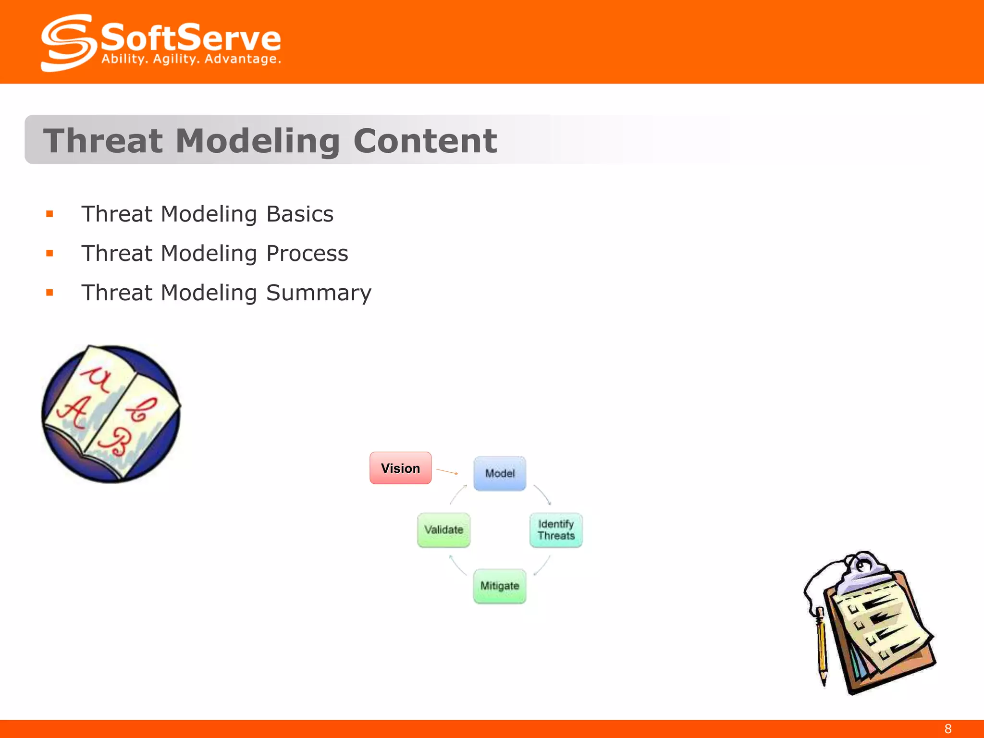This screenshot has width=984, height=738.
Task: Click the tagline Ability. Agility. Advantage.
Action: (191, 59)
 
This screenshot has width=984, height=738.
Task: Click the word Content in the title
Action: (425, 141)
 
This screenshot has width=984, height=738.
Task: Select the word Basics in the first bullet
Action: (300, 214)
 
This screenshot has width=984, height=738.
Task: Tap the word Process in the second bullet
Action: (307, 254)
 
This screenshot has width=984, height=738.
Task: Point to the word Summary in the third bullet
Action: (319, 293)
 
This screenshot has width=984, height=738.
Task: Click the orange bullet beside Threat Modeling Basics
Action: (49, 214)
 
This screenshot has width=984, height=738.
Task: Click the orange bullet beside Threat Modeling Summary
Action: (49, 293)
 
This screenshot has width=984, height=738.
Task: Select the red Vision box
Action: (400, 468)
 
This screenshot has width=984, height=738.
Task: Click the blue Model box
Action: (500, 473)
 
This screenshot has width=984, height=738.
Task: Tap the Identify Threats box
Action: (556, 530)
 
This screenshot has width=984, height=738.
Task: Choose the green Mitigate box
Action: (500, 586)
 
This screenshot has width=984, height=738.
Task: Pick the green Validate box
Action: (443, 530)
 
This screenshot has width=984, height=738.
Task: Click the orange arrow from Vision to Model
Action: (447, 472)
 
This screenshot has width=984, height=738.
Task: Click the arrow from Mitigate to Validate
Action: (457, 565)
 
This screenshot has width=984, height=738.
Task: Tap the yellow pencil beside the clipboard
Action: (822, 644)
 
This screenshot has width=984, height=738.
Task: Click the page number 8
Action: (947, 729)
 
